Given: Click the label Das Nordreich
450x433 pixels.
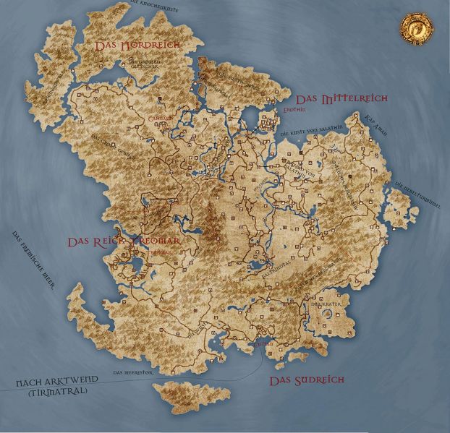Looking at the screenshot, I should click(x=137, y=45).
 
